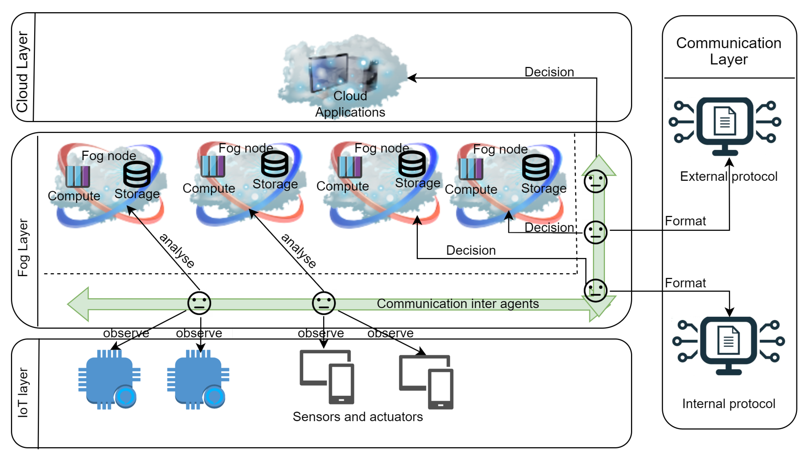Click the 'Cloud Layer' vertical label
[x=22, y=71]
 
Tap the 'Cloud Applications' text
[x=350, y=104]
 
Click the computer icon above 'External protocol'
[x=724, y=126]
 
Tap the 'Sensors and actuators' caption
[x=357, y=417]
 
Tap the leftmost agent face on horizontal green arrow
[x=199, y=303]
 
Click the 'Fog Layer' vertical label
[x=23, y=248]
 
